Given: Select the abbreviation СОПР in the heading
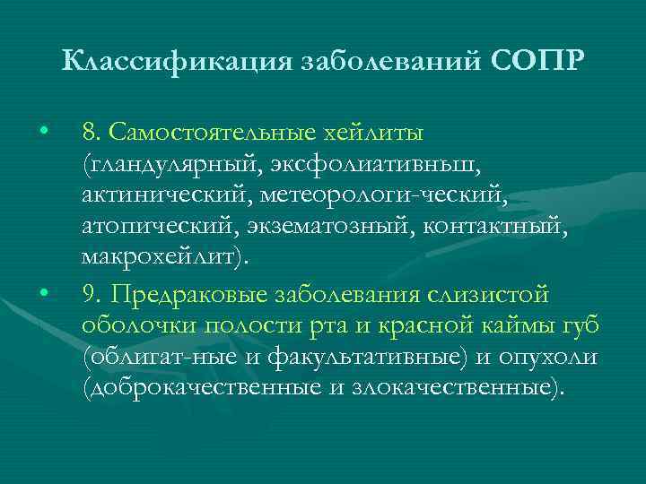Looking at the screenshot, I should coord(538,64).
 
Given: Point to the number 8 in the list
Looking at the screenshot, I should coord(88,133).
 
